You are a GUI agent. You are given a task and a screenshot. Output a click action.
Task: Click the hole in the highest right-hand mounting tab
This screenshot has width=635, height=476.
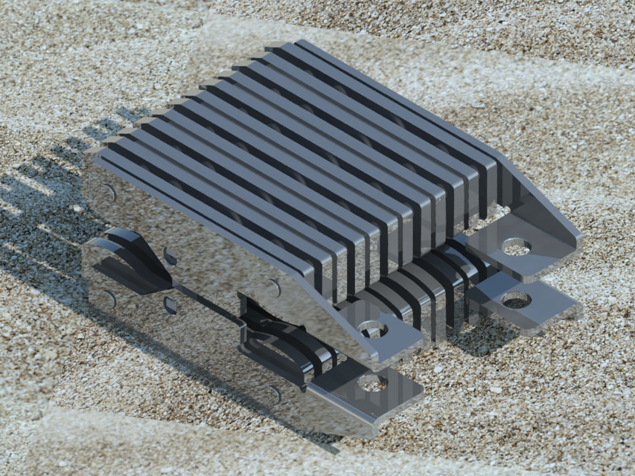click(x=515, y=246)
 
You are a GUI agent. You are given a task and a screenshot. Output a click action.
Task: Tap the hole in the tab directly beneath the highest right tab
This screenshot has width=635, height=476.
click(x=516, y=300)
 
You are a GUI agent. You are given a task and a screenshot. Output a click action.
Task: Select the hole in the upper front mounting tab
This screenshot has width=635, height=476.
click(x=371, y=329)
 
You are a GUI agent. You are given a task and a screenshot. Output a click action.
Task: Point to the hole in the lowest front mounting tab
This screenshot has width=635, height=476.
click(x=371, y=383)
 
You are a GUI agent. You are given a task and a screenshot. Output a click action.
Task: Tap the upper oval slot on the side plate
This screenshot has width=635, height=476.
click(x=170, y=257)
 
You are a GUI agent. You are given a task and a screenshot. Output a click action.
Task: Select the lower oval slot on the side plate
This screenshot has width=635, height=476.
click(x=170, y=305)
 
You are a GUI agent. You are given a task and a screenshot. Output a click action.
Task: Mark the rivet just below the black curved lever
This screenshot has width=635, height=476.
click(x=110, y=298)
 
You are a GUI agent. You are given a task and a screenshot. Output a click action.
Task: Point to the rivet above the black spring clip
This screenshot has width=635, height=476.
click(x=275, y=289)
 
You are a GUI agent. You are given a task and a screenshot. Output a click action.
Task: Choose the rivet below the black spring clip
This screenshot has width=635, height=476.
click(x=275, y=394)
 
